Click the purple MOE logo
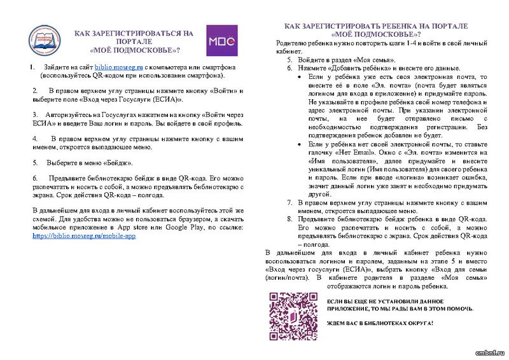tap(222, 41)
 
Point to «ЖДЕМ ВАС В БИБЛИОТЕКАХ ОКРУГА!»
tap(380, 324)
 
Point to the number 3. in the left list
tap(34, 114)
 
